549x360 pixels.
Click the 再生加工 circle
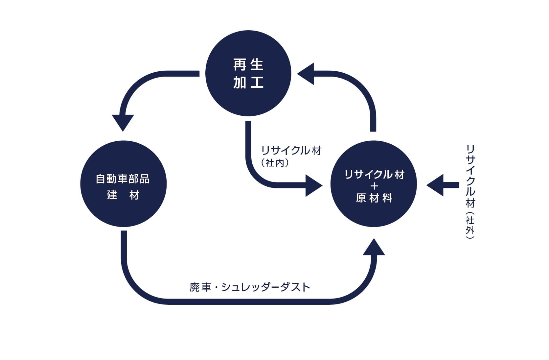click(x=248, y=73)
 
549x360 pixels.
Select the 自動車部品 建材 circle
click(x=123, y=184)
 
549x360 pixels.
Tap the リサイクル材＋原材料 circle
click(x=374, y=184)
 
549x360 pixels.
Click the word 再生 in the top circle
click(x=248, y=64)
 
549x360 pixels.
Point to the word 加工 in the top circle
click(x=248, y=82)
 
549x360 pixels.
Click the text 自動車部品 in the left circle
click(x=123, y=179)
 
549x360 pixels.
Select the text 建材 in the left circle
click(x=123, y=195)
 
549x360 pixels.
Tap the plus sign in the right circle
click(x=374, y=186)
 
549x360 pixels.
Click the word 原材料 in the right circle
click(x=374, y=198)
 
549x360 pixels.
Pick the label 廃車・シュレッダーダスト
click(x=250, y=287)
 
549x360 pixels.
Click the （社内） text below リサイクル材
click(x=275, y=163)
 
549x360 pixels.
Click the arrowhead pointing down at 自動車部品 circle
click(x=123, y=122)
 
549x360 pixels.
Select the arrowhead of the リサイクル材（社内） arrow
click(x=313, y=185)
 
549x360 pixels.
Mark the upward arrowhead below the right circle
click(x=374, y=248)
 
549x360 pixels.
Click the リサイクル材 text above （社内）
click(x=291, y=151)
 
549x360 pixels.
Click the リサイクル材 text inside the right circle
click(x=374, y=175)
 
